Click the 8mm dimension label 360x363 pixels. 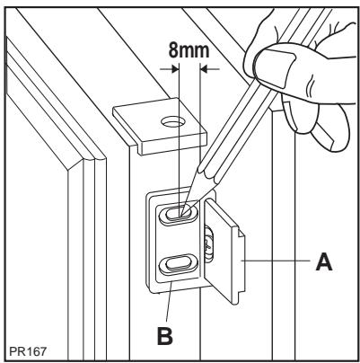188,51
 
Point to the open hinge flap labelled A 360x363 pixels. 229,252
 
